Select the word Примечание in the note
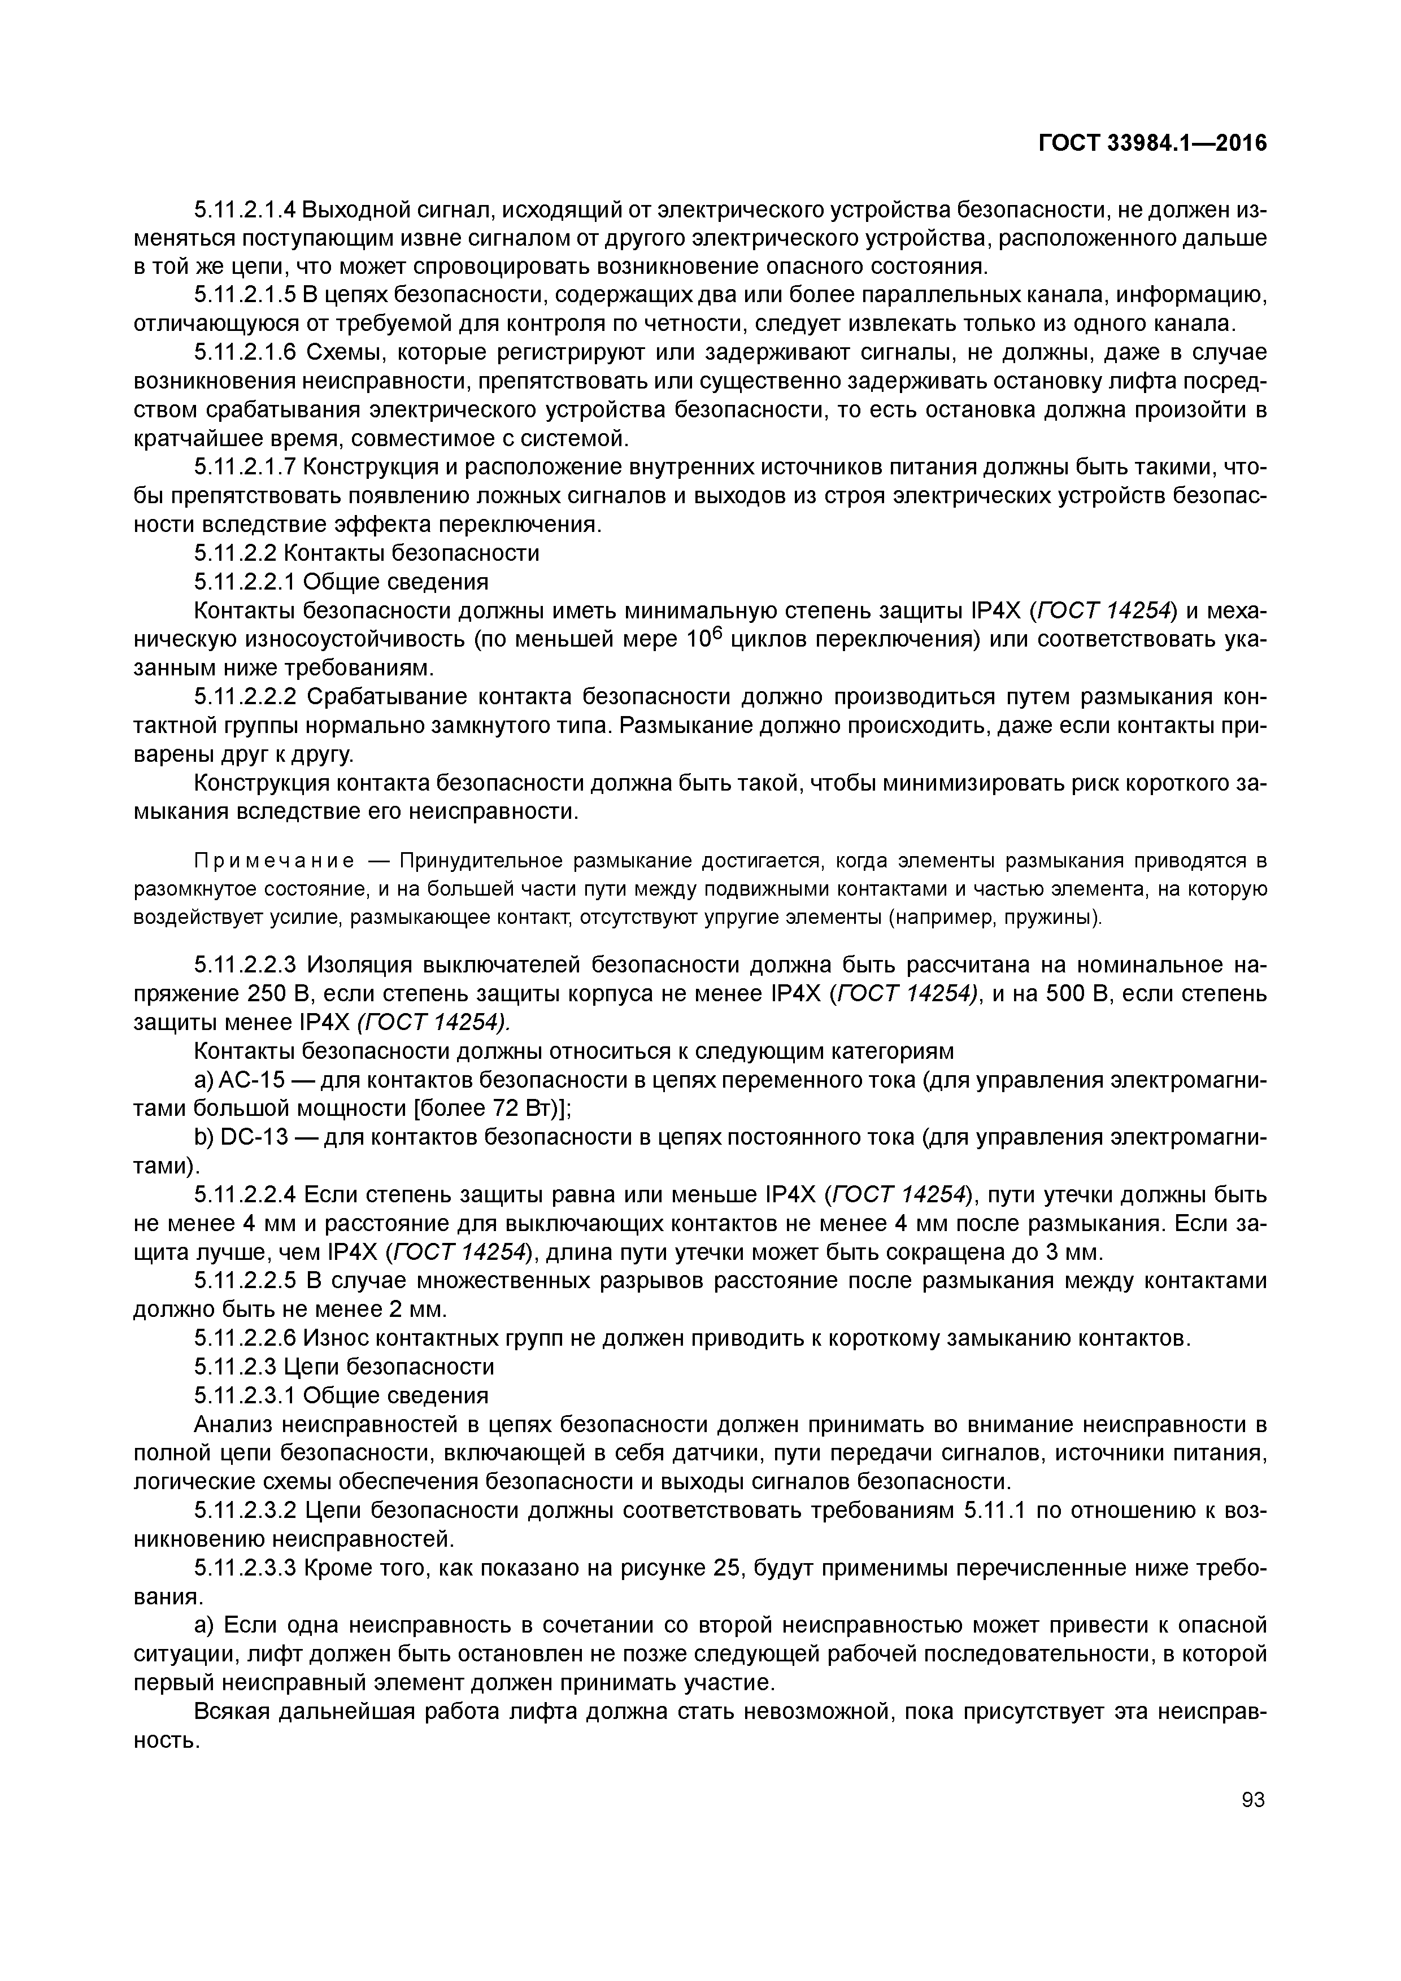[x=275, y=861]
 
